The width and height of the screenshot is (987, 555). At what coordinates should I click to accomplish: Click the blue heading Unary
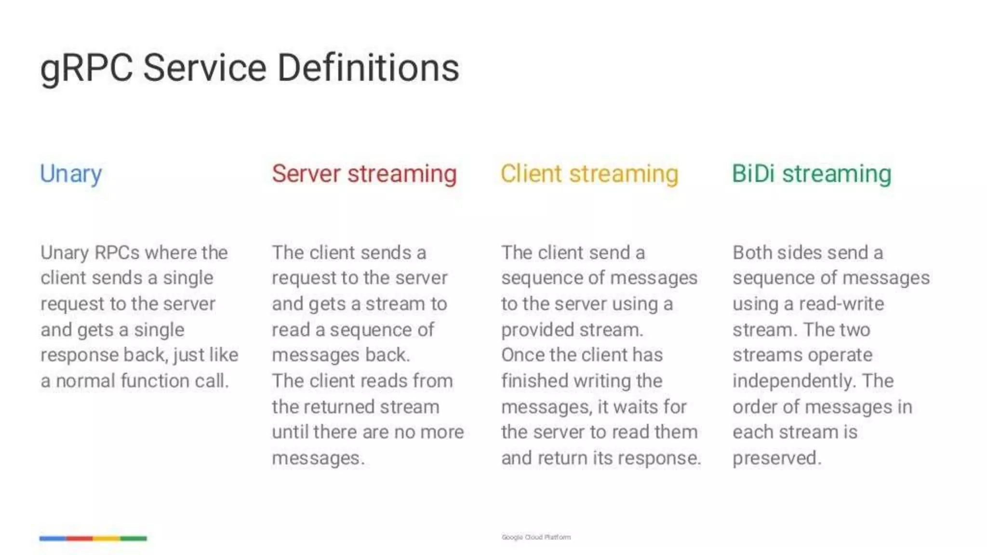click(71, 174)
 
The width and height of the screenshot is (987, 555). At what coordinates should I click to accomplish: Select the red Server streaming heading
click(364, 174)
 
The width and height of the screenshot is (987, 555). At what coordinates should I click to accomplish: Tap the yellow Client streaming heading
click(589, 174)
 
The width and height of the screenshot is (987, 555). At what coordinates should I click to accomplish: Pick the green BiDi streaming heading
click(812, 174)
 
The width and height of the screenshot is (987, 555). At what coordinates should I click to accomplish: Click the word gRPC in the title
click(86, 68)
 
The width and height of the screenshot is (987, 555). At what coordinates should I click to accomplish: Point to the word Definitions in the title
click(368, 67)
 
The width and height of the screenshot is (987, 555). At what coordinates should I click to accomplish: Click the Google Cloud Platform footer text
click(536, 537)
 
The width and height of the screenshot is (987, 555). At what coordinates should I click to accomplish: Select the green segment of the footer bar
click(133, 538)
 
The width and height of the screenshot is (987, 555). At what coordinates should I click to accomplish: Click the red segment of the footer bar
click(80, 538)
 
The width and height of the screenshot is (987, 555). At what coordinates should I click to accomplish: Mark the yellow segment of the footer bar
click(107, 538)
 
